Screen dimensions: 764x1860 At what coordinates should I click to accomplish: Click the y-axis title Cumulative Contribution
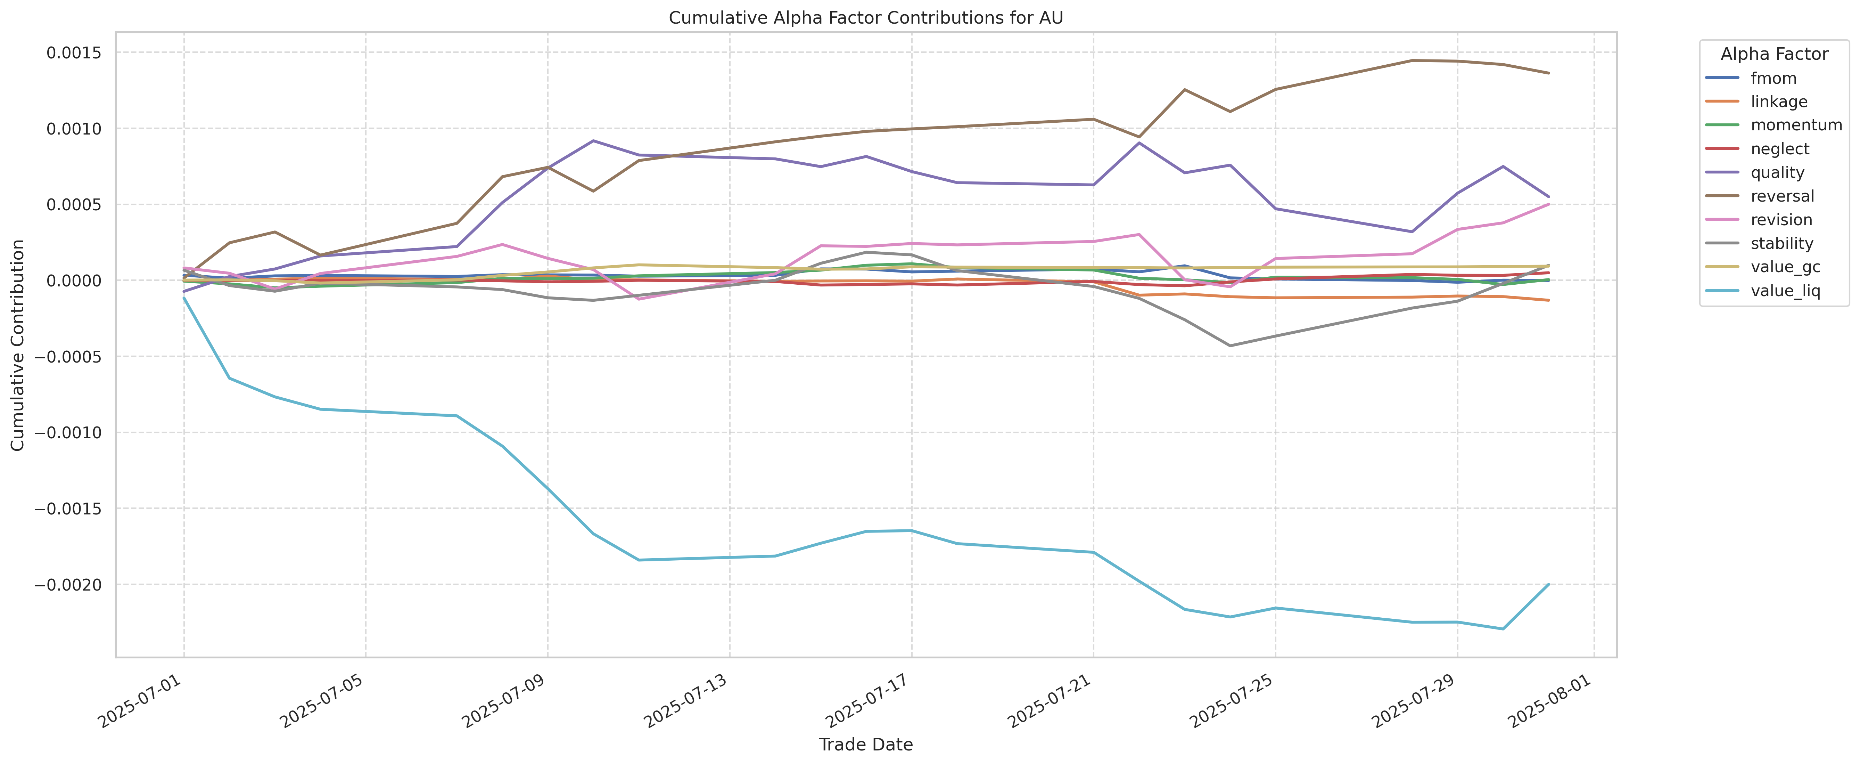click(18, 345)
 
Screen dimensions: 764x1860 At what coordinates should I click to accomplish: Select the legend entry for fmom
click(1773, 78)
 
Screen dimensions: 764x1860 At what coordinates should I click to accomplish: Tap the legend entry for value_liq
click(1785, 291)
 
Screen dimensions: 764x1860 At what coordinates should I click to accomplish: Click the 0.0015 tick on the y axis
click(74, 53)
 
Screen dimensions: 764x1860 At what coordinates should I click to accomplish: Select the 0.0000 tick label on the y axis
click(74, 280)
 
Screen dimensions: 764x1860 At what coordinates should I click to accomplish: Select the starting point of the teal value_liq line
click(184, 298)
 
